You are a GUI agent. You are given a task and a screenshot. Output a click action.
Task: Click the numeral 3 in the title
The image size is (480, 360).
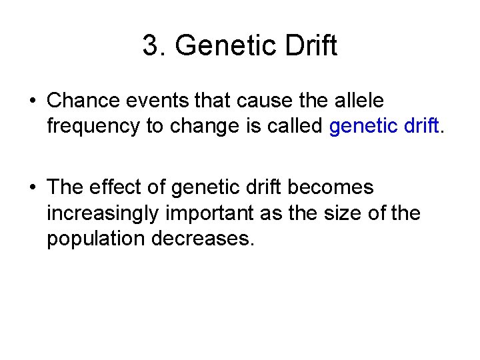[x=151, y=46]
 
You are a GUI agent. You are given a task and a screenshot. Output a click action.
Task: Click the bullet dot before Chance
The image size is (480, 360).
[x=32, y=101]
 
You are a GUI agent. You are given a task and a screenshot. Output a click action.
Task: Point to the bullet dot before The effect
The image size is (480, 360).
[x=32, y=188]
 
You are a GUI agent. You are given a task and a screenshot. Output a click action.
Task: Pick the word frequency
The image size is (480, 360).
[x=94, y=127]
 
